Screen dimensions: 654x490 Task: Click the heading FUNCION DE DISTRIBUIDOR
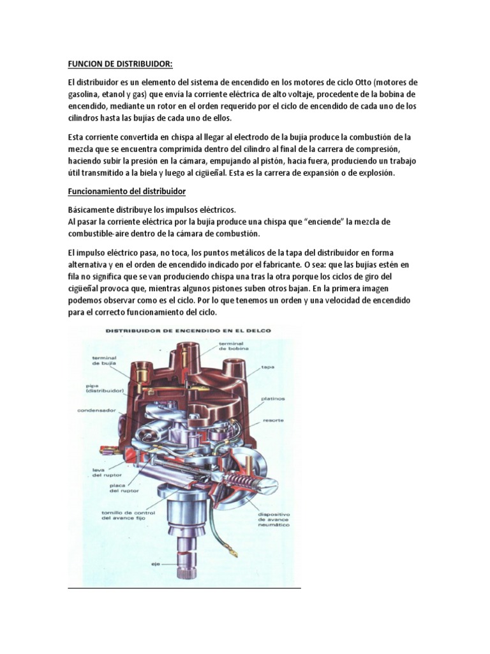point(120,64)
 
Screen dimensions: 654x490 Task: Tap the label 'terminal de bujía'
point(104,361)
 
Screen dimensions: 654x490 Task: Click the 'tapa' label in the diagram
point(267,368)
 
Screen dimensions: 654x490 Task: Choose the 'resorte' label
point(272,420)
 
